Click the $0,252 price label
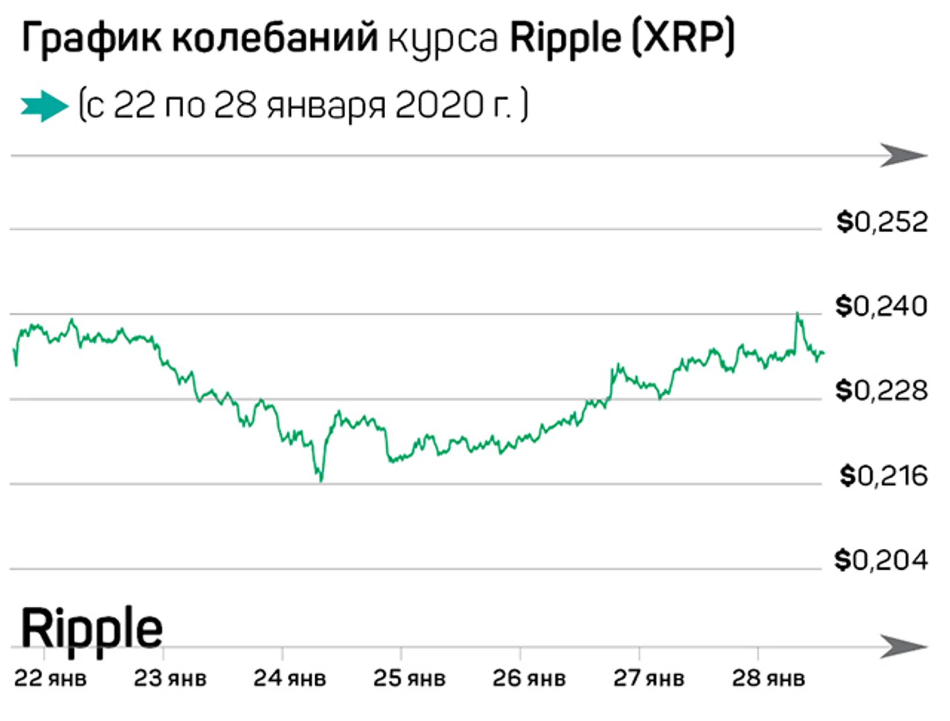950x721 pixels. pyautogui.click(x=882, y=222)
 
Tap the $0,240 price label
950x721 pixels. pyautogui.click(x=881, y=306)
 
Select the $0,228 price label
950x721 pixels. pyautogui.click(x=881, y=391)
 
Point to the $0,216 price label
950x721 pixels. pyautogui.click(x=884, y=476)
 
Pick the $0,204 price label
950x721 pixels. pyautogui.click(x=881, y=561)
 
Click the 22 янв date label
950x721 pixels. pyautogui.click(x=50, y=678)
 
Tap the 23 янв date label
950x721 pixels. pyautogui.click(x=170, y=678)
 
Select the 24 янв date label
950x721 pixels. pyautogui.click(x=289, y=678)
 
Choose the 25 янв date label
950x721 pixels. pyautogui.click(x=409, y=678)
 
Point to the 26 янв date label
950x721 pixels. pyautogui.click(x=529, y=678)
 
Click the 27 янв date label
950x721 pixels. pyautogui.click(x=649, y=678)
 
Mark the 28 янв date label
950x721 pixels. pyautogui.click(x=768, y=678)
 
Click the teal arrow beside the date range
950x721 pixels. pyautogui.click(x=44, y=106)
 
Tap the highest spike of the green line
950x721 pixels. pyautogui.click(x=797, y=313)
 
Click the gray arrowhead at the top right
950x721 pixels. pyautogui.click(x=906, y=156)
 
